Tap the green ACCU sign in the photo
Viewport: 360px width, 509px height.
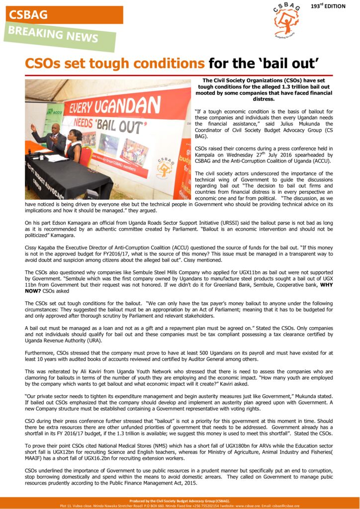pyautogui.click(x=54, y=111)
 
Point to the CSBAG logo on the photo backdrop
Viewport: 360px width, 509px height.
pyautogui.click(x=164, y=167)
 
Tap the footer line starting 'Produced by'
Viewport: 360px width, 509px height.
pyautogui.click(x=180, y=501)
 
